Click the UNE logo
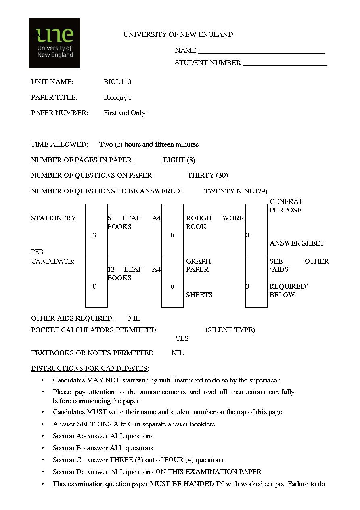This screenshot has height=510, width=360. coord(54,43)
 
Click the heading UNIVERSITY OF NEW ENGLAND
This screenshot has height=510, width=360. coord(178,35)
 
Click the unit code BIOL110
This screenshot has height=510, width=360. coord(117,82)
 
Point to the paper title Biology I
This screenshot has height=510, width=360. coord(117,97)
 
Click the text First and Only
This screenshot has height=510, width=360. coord(124,113)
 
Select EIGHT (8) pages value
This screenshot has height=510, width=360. coord(179,160)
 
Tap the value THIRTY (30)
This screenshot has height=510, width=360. coord(207,176)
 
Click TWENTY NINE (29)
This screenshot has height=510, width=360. coord(236,191)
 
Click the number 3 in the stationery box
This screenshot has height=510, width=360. coord(94,235)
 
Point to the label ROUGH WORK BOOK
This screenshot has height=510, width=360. coord(215,222)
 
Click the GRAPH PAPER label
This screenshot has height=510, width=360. coord(198,265)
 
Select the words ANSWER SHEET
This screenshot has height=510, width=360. coord(297,243)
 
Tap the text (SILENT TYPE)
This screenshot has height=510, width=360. coord(230,330)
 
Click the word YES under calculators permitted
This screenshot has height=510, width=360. coord(182,338)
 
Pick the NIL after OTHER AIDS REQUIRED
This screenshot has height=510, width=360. coord(134,318)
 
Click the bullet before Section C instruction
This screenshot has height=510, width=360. coord(43,460)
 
